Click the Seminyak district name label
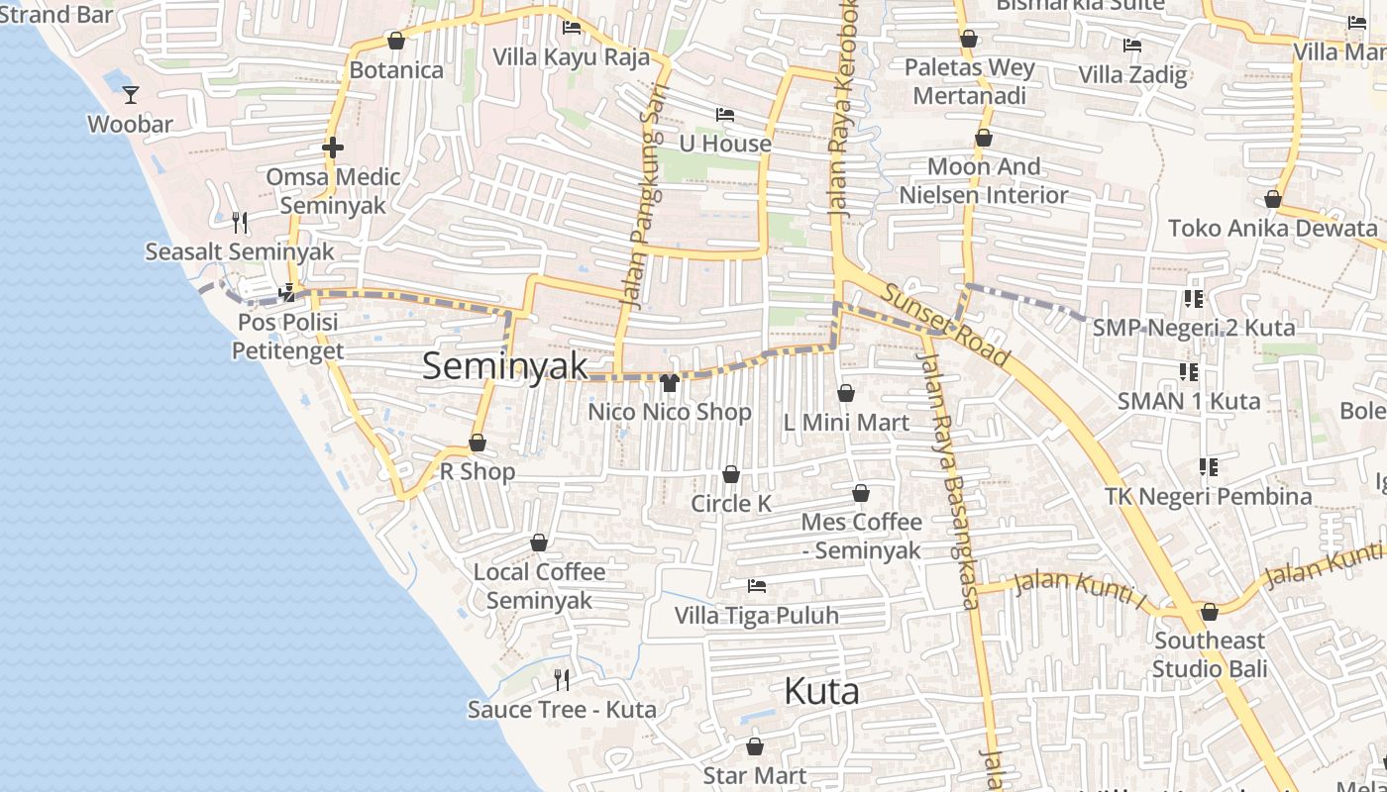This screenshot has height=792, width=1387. tap(505, 365)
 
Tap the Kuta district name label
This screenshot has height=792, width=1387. tap(821, 691)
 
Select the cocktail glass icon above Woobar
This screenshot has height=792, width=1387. tap(131, 95)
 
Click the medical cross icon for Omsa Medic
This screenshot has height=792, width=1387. tap(333, 148)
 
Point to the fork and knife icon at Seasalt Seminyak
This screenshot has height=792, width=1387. tap(239, 222)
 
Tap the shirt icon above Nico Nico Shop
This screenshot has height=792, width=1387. tap(669, 383)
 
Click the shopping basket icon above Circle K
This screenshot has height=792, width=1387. tap(731, 475)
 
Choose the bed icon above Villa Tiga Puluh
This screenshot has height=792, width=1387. tap(757, 586)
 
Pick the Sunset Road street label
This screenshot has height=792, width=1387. tap(945, 324)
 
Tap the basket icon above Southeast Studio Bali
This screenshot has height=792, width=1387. tap(1209, 612)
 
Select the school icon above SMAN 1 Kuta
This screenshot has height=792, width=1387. tap(1189, 372)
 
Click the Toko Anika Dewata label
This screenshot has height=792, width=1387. tap(1273, 229)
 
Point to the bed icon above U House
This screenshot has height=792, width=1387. tap(725, 115)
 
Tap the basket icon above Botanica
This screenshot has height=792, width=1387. tap(396, 41)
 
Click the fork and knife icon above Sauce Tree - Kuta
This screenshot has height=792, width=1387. tap(562, 679)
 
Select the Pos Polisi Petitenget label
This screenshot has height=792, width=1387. tap(288, 337)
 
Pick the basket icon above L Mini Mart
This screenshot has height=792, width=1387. tap(846, 393)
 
